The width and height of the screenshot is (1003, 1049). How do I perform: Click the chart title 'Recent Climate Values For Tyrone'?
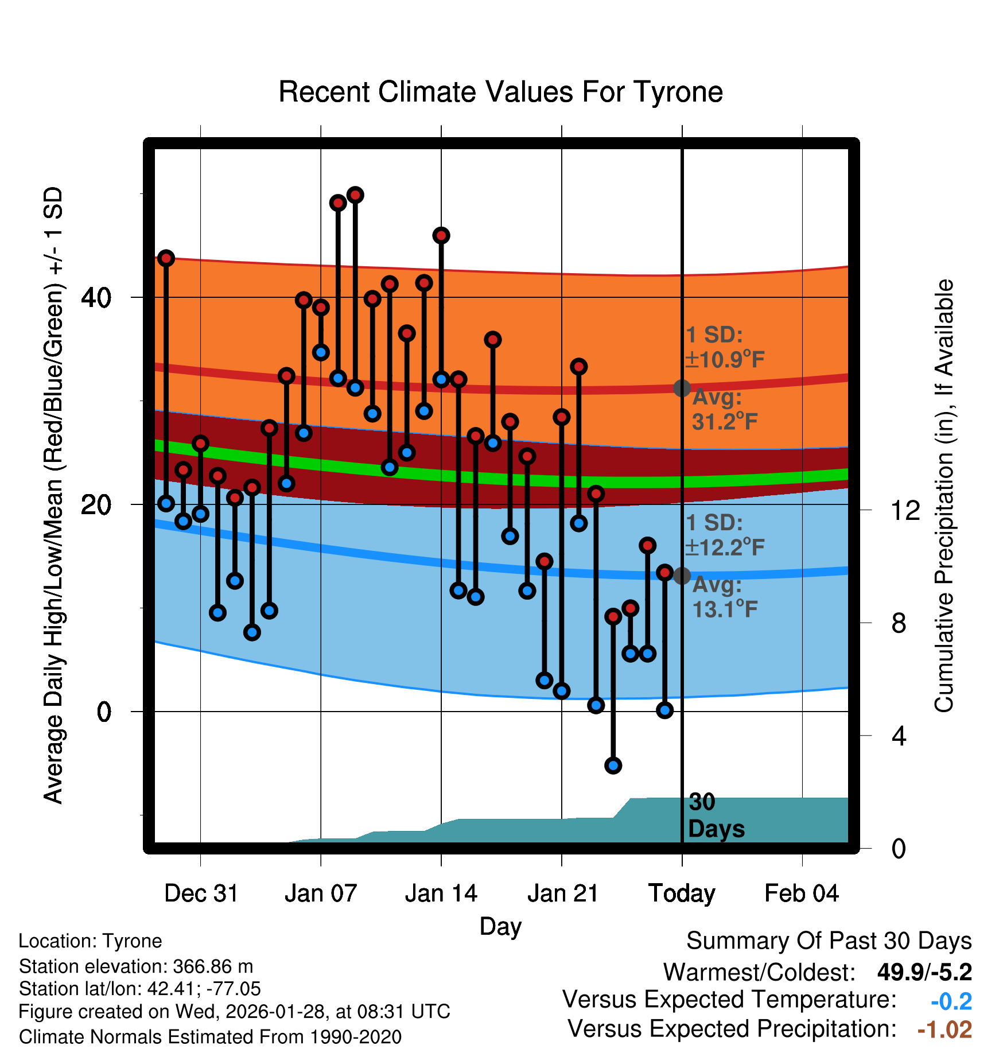pyautogui.click(x=500, y=92)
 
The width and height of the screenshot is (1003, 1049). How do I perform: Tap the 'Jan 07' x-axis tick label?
pyautogui.click(x=321, y=893)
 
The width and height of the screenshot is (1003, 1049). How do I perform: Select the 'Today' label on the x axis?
pyautogui.click(x=682, y=893)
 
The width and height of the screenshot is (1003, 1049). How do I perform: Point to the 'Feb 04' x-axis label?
pyautogui.click(x=802, y=893)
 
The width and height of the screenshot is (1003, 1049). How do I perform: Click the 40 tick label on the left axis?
pyautogui.click(x=96, y=297)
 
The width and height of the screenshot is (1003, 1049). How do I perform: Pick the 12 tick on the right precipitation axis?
pyautogui.click(x=905, y=510)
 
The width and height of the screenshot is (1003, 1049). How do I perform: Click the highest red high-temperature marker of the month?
pyautogui.click(x=355, y=195)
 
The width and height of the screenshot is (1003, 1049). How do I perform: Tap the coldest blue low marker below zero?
pyautogui.click(x=613, y=765)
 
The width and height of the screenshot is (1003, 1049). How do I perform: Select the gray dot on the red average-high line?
pyautogui.click(x=682, y=388)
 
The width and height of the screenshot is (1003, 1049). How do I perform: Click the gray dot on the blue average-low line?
pyautogui.click(x=682, y=576)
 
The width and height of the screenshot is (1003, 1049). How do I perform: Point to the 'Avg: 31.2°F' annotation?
pyautogui.click(x=724, y=410)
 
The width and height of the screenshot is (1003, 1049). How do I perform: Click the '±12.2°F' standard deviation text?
pyautogui.click(x=725, y=547)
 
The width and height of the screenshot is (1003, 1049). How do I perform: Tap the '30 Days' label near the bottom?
pyautogui.click(x=715, y=815)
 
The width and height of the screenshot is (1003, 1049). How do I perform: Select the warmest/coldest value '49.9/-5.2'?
pyautogui.click(x=924, y=972)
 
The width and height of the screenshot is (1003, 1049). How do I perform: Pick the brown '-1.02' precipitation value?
pyautogui.click(x=944, y=1029)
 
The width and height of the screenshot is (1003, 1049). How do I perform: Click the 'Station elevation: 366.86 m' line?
pyautogui.click(x=136, y=966)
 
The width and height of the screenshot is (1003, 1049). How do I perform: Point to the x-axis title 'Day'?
pyautogui.click(x=500, y=926)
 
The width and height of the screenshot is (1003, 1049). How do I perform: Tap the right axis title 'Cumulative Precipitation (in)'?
pyautogui.click(x=944, y=496)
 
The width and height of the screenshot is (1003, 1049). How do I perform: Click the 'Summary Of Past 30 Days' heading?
pyautogui.click(x=829, y=941)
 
